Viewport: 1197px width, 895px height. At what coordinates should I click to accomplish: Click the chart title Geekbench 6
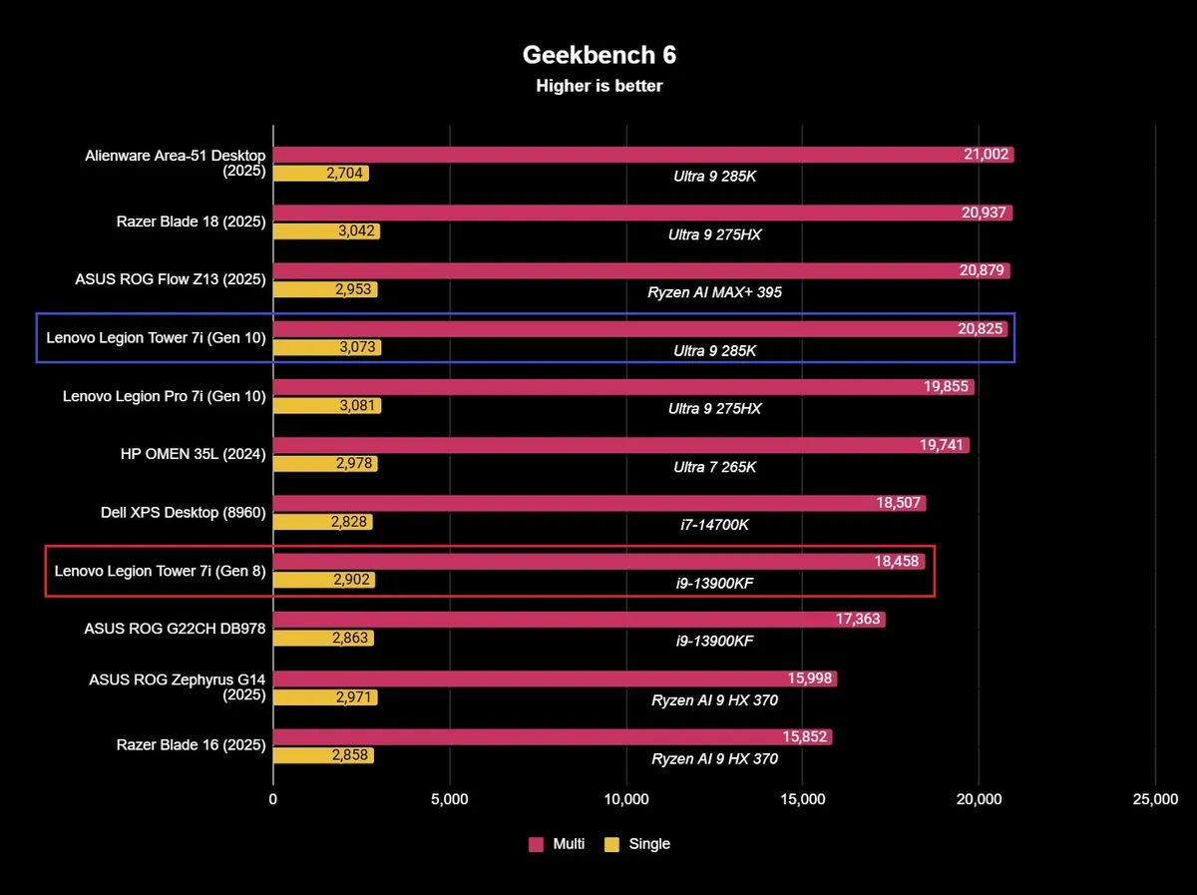598,55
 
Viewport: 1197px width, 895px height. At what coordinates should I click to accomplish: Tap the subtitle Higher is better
598,86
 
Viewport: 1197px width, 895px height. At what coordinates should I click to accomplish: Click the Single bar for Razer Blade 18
326,231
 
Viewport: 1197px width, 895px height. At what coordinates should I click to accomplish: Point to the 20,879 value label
983,271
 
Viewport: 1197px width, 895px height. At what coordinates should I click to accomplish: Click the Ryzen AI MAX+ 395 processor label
714,293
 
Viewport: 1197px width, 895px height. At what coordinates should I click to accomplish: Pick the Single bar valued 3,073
326,347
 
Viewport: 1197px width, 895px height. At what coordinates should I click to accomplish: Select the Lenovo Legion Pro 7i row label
164,396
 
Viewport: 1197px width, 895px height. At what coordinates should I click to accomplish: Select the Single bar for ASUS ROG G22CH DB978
323,639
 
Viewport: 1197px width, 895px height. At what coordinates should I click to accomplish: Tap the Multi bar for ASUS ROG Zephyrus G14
555,678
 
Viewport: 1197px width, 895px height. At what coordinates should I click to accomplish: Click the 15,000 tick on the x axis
802,799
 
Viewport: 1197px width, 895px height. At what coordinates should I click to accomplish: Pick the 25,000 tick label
1154,799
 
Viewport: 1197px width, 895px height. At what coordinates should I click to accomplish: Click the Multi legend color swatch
536,844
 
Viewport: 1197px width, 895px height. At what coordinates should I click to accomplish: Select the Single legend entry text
649,844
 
